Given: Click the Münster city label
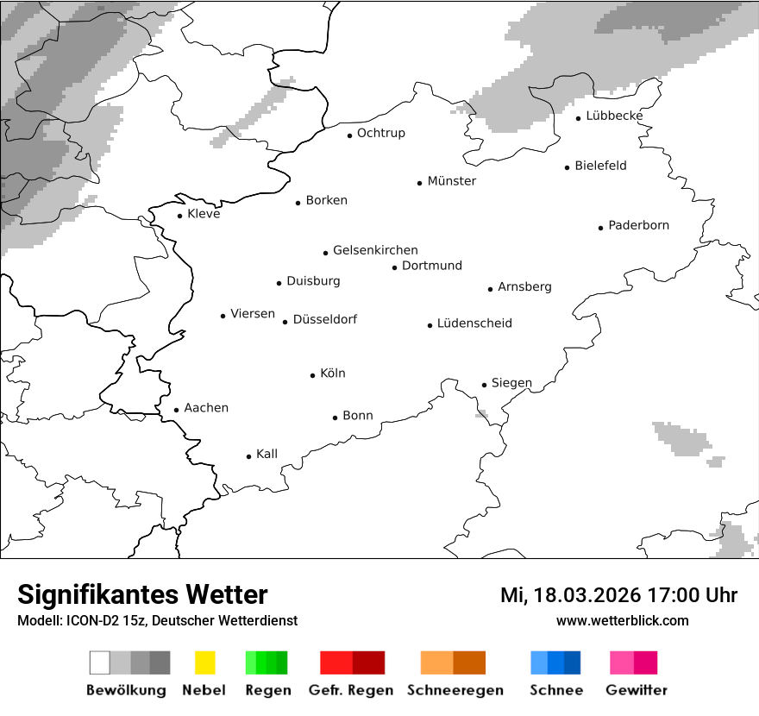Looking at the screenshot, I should (451, 181).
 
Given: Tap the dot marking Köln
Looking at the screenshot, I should (312, 375).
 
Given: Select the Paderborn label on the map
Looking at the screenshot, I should (638, 225).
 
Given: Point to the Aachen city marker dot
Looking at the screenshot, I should (176, 411).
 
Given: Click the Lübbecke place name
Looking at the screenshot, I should (614, 116).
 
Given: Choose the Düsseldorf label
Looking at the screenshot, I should (324, 319).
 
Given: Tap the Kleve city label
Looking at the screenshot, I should (204, 214).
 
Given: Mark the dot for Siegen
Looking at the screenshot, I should (484, 386).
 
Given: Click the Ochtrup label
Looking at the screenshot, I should (380, 133).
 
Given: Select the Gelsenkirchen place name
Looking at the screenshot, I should (375, 250).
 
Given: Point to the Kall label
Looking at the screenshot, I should (267, 454).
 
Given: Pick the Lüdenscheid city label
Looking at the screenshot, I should (474, 323).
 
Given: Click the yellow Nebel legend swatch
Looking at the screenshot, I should (204, 663).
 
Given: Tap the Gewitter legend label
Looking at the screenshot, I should (636, 690).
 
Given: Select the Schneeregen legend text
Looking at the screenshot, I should (455, 690).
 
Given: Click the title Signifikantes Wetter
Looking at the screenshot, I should (142, 595).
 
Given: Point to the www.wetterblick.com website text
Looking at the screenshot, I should (622, 621).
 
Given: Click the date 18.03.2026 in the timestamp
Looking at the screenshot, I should (586, 595).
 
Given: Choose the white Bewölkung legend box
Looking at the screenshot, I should (100, 663).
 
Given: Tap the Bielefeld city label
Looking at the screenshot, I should (600, 166).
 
